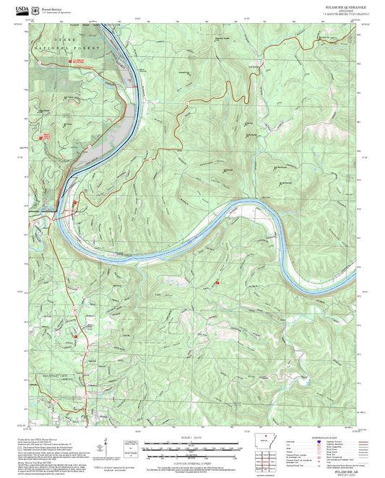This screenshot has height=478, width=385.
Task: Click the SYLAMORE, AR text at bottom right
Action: pyautogui.click(x=339, y=469)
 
